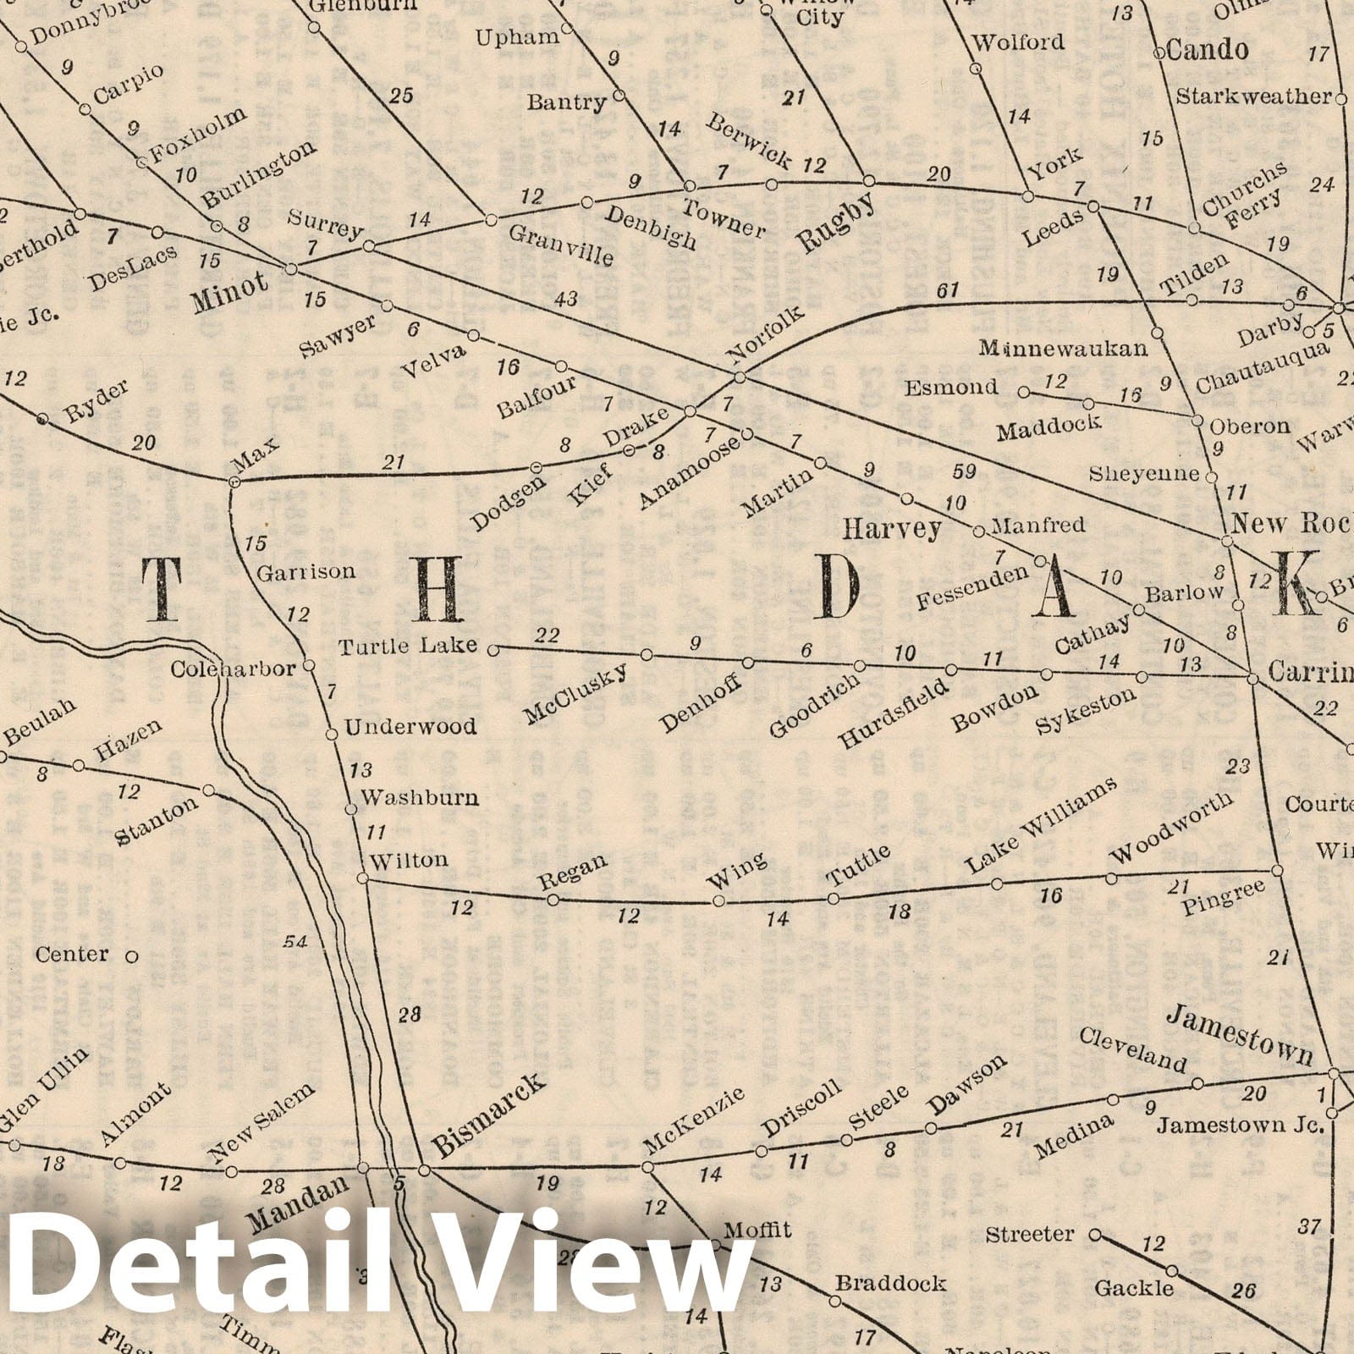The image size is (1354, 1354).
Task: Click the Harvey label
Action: click(x=892, y=530)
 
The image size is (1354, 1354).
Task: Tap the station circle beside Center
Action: click(x=131, y=957)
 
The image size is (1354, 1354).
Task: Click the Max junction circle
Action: click(x=234, y=482)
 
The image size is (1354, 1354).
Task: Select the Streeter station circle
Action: click(x=1094, y=1235)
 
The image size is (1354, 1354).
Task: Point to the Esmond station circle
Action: click(x=1023, y=393)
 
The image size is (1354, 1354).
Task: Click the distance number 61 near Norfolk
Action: click(x=948, y=291)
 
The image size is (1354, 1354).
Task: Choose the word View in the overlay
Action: click(x=574, y=1269)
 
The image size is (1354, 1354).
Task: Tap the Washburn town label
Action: click(x=419, y=797)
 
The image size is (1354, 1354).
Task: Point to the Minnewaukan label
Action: click(x=1063, y=348)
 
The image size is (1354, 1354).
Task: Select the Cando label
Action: click(x=1207, y=51)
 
